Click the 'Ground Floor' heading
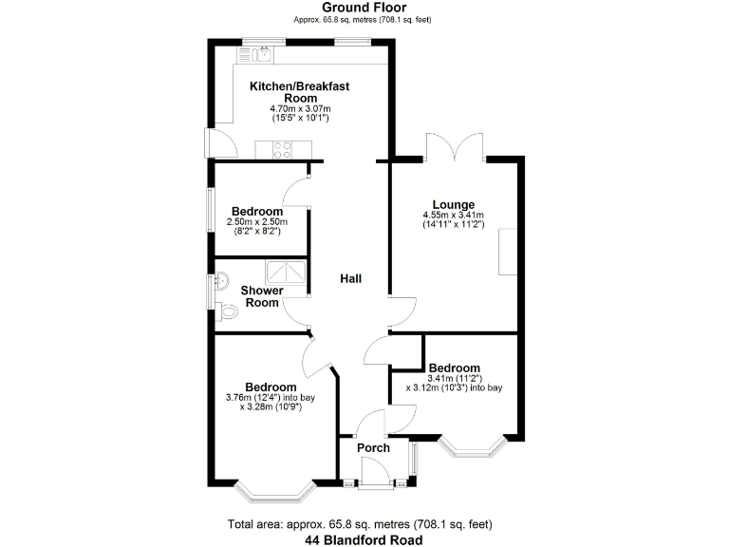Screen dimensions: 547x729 pyautogui.click(x=364, y=8)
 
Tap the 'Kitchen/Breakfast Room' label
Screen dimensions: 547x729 pyautogui.click(x=300, y=92)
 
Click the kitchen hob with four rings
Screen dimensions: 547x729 pyautogui.click(x=282, y=148)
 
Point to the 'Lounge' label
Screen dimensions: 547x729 pyautogui.click(x=454, y=204)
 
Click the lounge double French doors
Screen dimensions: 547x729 pyautogui.click(x=457, y=147)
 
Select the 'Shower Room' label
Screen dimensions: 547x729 pyautogui.click(x=259, y=296)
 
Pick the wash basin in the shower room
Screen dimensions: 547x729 pyautogui.click(x=221, y=281)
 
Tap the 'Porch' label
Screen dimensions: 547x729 pyautogui.click(x=374, y=447)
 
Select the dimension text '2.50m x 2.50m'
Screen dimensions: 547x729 pyautogui.click(x=256, y=222)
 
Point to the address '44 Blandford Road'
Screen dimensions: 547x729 pyautogui.click(x=364, y=539)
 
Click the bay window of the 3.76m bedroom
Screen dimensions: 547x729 pyautogui.click(x=274, y=492)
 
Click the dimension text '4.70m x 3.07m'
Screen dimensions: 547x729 pyautogui.click(x=300, y=109)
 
